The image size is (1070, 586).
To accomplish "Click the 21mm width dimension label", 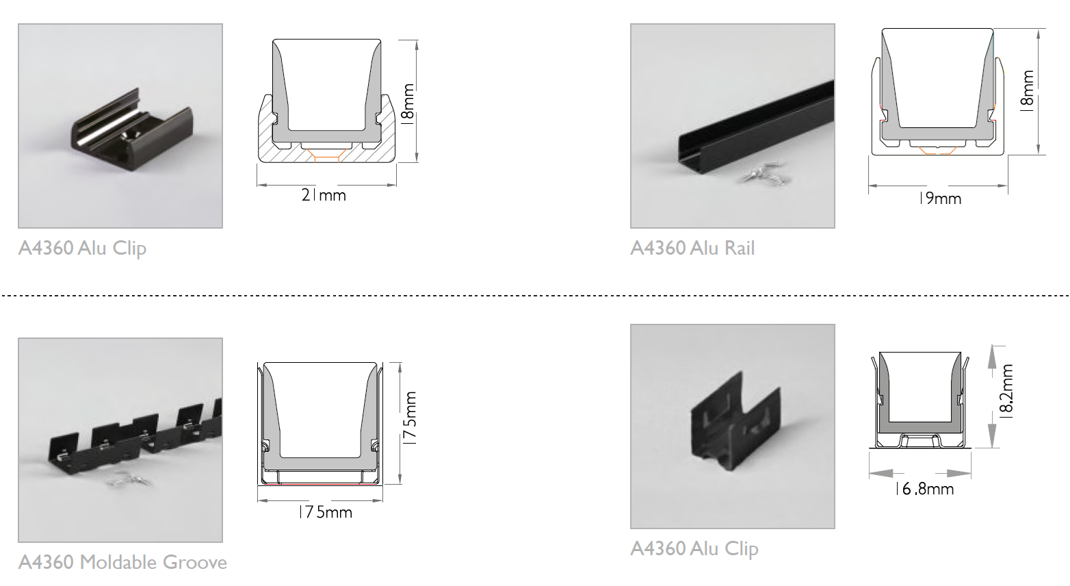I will (x=324, y=196).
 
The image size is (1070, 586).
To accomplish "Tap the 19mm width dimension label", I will (x=939, y=199).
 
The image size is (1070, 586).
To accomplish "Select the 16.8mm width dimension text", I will (x=924, y=489).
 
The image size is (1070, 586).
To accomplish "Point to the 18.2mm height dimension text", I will (x=1006, y=390).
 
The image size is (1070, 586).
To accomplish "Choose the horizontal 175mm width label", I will (x=325, y=512).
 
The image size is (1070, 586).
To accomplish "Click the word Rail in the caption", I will (x=739, y=248).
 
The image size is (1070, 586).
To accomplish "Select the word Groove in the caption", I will (x=195, y=563).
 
